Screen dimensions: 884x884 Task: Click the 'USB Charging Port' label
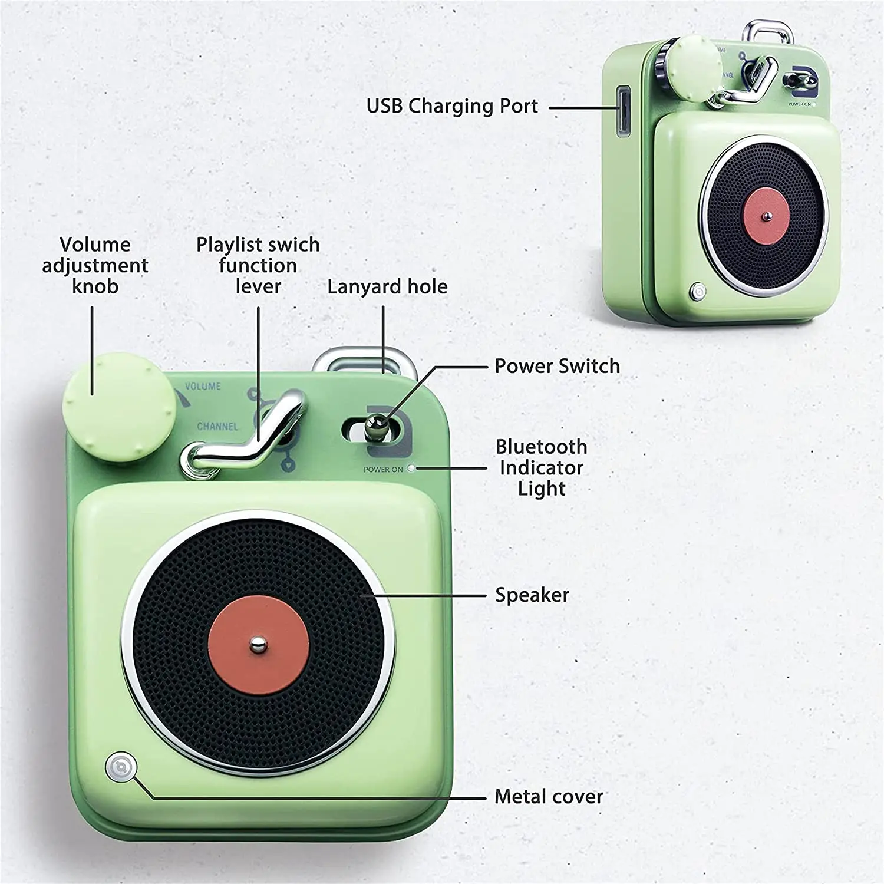(x=452, y=106)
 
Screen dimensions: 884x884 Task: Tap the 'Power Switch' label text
(x=557, y=366)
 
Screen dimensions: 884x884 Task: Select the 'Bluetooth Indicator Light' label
(x=542, y=467)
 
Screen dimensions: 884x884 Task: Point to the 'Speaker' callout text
(x=532, y=595)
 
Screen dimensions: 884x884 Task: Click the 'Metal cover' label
(x=548, y=797)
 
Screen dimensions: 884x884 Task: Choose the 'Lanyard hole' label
(x=387, y=287)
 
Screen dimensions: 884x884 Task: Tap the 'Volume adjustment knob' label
(x=95, y=265)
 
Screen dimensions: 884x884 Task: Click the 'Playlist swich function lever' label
(x=258, y=265)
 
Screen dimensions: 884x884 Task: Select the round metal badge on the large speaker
(x=121, y=767)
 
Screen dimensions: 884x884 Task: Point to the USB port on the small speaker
(x=622, y=111)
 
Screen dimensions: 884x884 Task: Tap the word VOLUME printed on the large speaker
(x=203, y=387)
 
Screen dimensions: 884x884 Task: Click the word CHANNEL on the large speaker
(x=217, y=426)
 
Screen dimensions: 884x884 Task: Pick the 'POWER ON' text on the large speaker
(x=383, y=470)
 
